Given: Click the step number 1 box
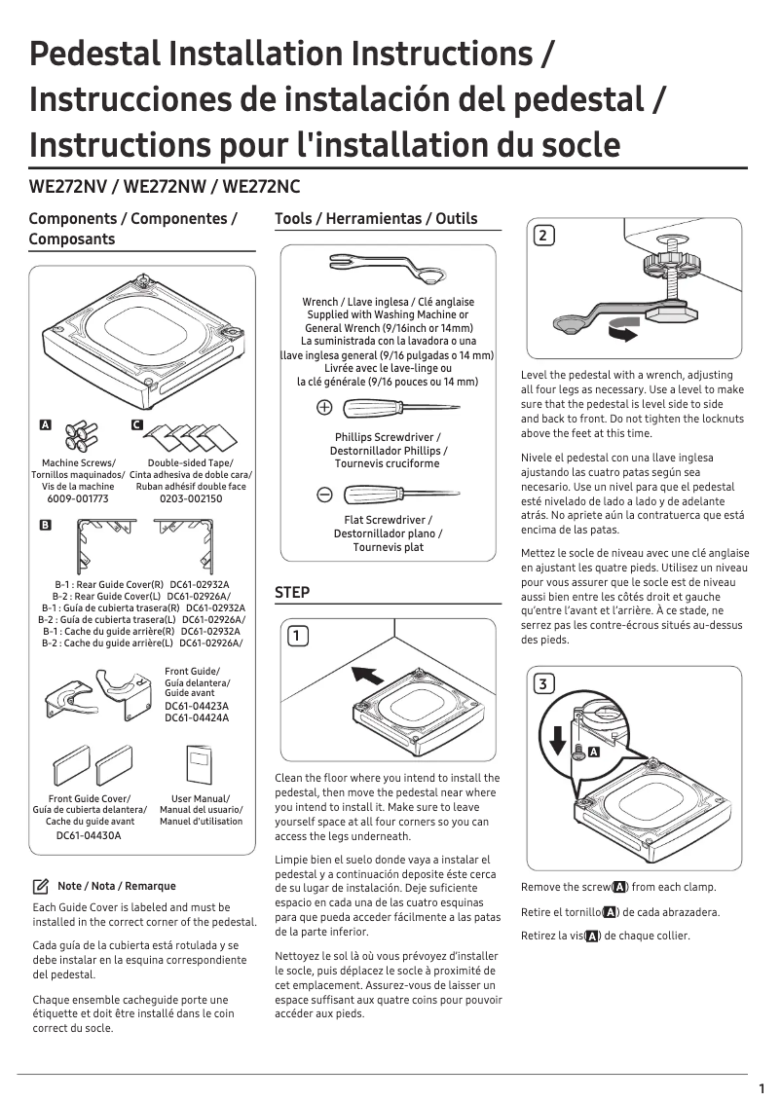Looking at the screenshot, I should pyautogui.click(x=298, y=636).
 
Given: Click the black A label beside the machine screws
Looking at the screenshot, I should pyautogui.click(x=45, y=426).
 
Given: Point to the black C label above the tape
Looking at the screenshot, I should pyautogui.click(x=136, y=426).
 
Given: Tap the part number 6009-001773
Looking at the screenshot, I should pyautogui.click(x=78, y=498).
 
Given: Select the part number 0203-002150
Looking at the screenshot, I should pyautogui.click(x=191, y=498).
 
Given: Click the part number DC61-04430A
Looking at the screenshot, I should pyautogui.click(x=89, y=835).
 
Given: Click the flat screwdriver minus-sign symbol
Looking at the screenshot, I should pyautogui.click(x=324, y=494).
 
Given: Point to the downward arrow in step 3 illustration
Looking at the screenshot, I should pyautogui.click(x=558, y=740).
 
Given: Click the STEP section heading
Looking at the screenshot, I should pyautogui.click(x=292, y=592).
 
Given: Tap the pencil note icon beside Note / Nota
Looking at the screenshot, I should pyautogui.click(x=41, y=886).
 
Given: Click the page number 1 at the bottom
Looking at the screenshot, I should pyautogui.click(x=761, y=1088).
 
